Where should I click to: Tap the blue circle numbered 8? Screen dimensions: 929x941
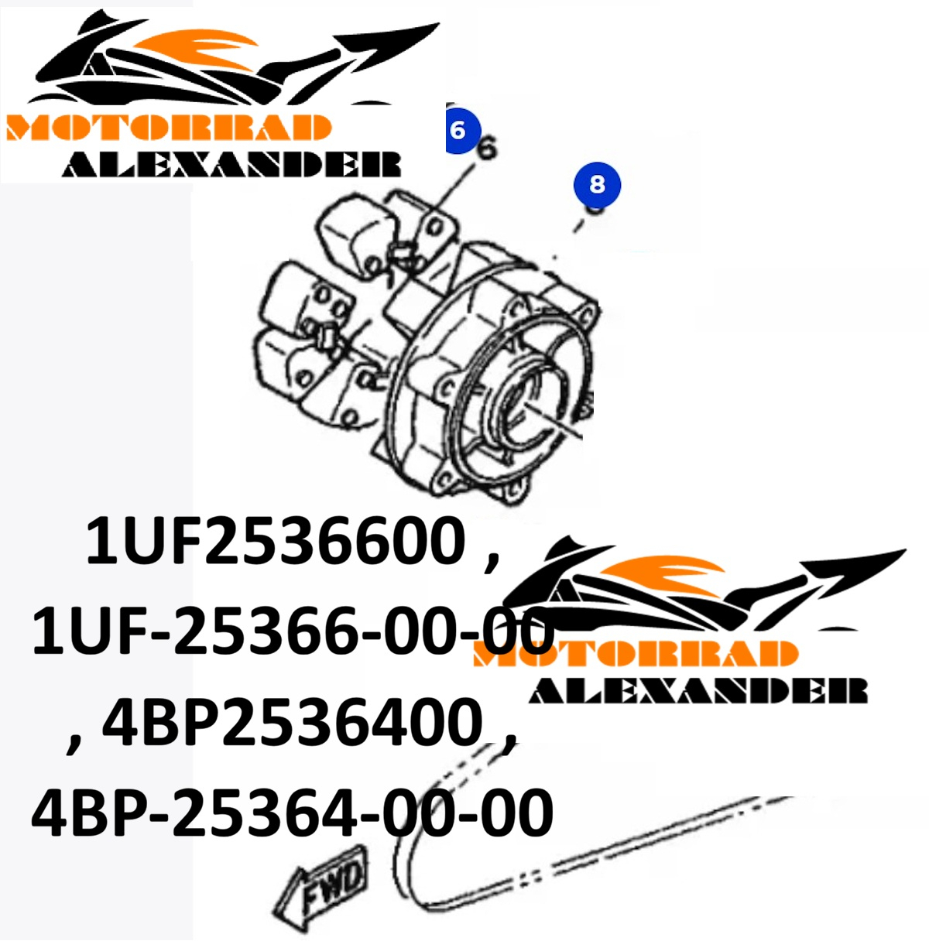coord(597,185)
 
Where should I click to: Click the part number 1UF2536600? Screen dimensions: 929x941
coord(275,541)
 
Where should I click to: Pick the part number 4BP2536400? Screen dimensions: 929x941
coord(292,720)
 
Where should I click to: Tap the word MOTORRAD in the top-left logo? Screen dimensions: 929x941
coord(168,128)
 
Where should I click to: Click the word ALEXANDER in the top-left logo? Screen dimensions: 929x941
coord(231,164)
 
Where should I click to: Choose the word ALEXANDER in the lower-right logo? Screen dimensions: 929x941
coord(698,690)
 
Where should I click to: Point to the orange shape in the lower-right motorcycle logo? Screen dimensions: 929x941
coord(663,573)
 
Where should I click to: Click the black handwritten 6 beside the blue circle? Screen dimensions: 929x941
coord(487,147)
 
